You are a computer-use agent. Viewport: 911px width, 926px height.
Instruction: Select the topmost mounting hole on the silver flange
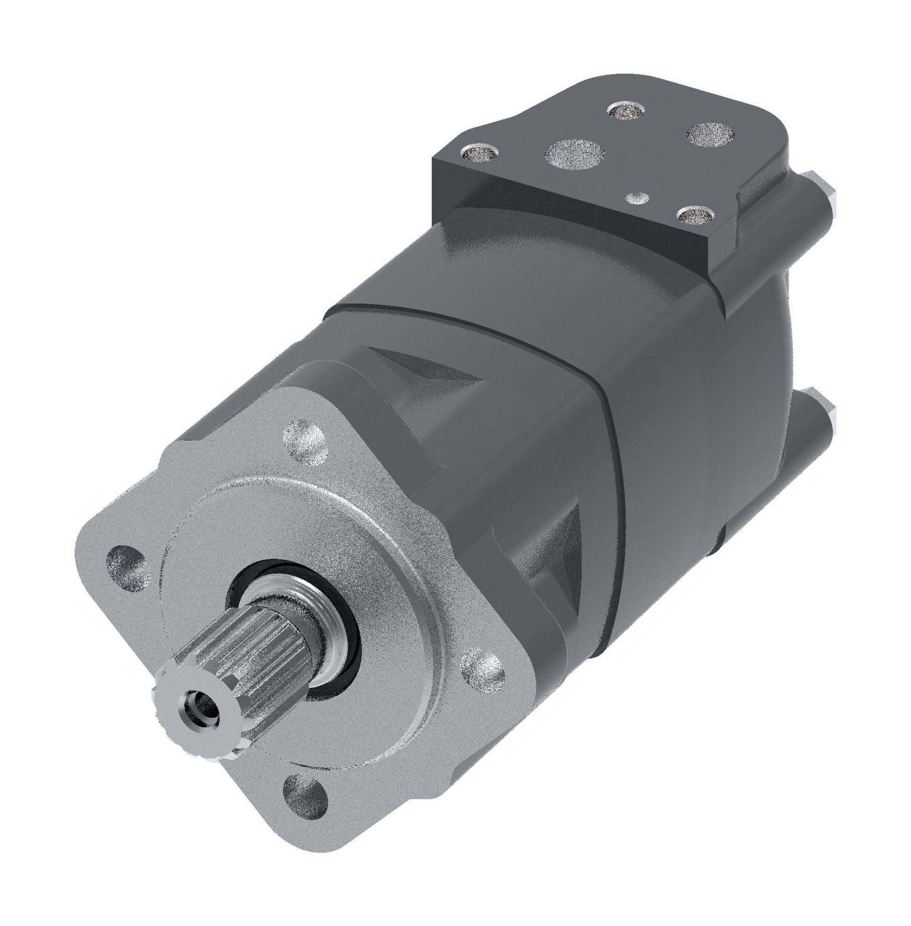tap(305, 440)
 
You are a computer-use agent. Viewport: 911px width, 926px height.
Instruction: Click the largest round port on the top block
tap(575, 154)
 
